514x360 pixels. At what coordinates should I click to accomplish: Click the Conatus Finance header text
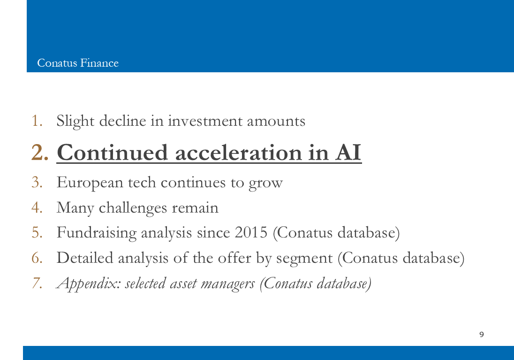click(x=78, y=63)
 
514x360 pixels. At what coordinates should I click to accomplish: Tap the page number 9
click(x=482, y=334)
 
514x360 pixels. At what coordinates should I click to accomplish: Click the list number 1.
click(x=37, y=121)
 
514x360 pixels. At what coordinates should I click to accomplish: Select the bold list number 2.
click(x=40, y=153)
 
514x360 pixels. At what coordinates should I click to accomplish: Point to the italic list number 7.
click(x=37, y=283)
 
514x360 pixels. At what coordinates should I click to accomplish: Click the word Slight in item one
click(x=76, y=122)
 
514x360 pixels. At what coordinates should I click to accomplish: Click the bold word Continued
click(x=112, y=153)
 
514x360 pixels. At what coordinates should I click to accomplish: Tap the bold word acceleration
click(x=238, y=153)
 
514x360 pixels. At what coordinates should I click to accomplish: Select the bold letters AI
click(x=348, y=153)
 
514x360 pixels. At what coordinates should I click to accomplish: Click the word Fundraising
click(x=97, y=233)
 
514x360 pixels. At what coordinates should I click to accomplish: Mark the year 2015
click(x=251, y=233)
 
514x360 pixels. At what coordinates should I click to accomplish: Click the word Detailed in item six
click(x=85, y=258)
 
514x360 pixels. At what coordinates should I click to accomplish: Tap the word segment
click(x=304, y=259)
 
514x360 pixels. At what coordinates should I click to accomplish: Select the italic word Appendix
click(x=89, y=283)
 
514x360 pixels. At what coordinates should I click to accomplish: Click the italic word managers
click(x=227, y=284)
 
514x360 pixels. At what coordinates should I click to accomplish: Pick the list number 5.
click(x=37, y=233)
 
